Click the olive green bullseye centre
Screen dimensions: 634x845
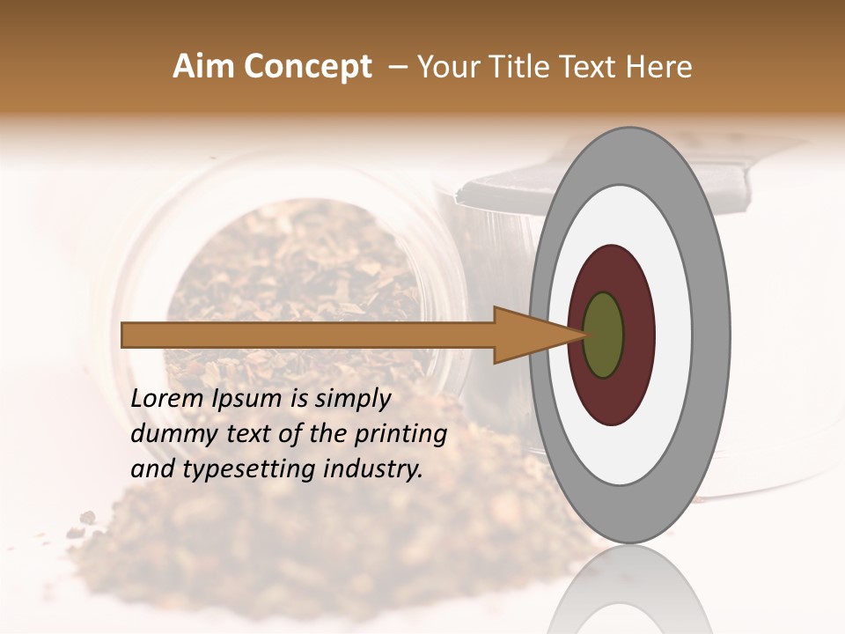click(604, 335)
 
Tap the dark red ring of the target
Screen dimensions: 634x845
click(638, 335)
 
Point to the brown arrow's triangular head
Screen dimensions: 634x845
click(528, 335)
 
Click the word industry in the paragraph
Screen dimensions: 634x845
click(373, 469)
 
